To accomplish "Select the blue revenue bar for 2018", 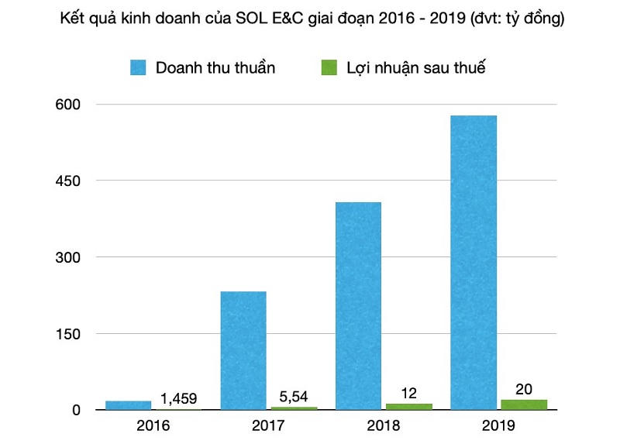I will [x=358, y=305].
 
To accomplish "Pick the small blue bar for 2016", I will [x=129, y=405].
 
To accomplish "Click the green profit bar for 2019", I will [x=524, y=404].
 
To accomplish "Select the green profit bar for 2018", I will [x=409, y=406].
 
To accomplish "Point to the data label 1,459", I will [x=179, y=399].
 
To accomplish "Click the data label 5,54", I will [x=294, y=396].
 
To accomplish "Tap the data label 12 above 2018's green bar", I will [x=409, y=393].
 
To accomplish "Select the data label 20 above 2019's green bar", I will [x=524, y=389].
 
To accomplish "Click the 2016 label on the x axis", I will [x=153, y=425].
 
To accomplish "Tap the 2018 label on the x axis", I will [x=384, y=425].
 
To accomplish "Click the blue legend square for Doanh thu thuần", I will [x=139, y=67].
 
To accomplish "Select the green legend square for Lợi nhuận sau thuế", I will [x=329, y=67].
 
